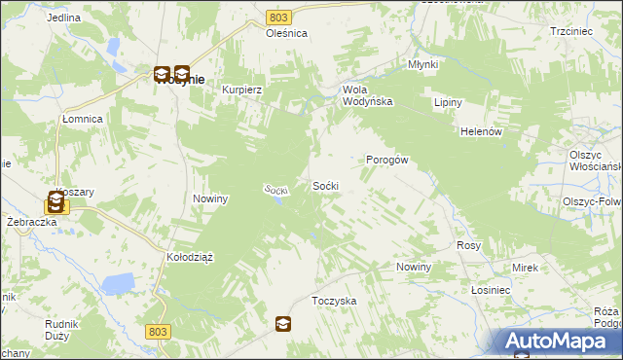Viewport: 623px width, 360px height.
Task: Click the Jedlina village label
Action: click(63, 18)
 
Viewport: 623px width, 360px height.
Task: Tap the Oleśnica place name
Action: click(287, 33)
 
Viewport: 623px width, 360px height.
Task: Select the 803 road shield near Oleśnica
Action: click(279, 18)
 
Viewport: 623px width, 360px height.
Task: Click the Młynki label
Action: click(422, 65)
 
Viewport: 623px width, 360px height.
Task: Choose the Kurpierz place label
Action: click(243, 89)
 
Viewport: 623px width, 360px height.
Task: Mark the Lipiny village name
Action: click(448, 103)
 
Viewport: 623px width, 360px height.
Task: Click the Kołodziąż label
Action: click(190, 257)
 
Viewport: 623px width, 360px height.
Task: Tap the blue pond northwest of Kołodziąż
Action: click(119, 284)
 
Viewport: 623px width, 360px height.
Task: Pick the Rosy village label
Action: click(469, 246)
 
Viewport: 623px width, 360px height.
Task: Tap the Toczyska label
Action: click(334, 302)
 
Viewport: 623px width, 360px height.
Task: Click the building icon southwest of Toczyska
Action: click(282, 324)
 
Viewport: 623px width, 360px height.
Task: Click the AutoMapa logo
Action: click(557, 342)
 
